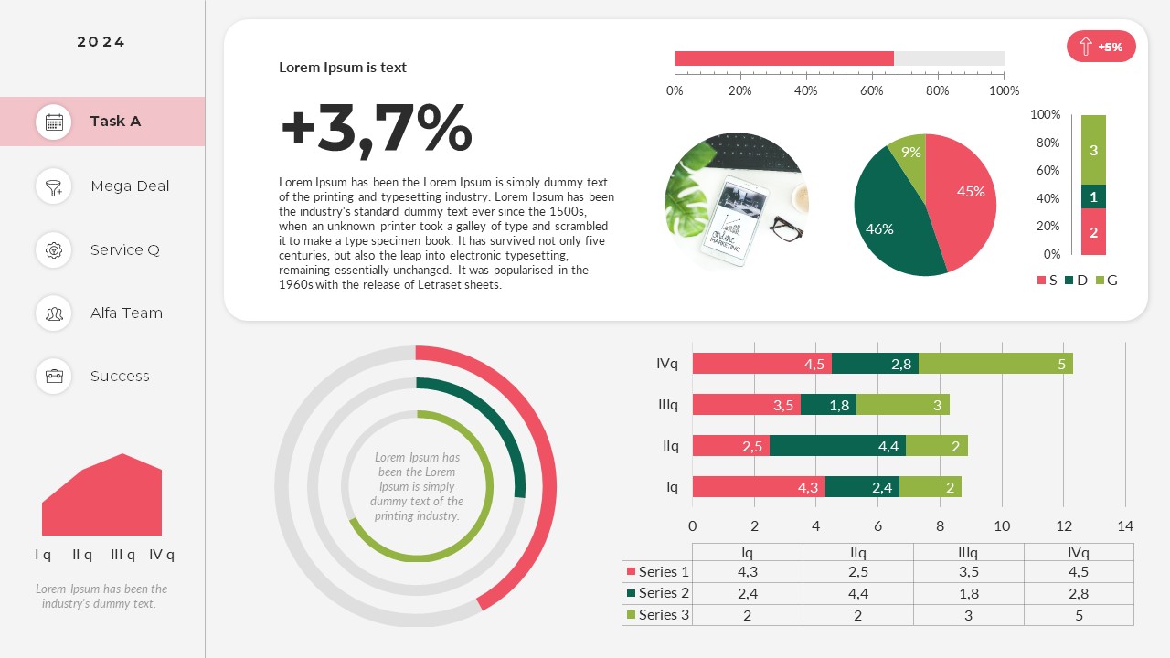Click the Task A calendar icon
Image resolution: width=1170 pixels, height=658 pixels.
point(54,122)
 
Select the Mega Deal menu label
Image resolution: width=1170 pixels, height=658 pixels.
point(130,186)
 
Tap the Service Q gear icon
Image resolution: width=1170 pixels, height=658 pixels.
point(54,249)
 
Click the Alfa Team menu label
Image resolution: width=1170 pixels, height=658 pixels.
point(126,313)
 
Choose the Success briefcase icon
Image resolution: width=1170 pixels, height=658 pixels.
point(54,376)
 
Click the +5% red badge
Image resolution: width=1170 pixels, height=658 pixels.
point(1101,47)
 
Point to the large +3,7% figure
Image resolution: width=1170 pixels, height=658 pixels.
point(376,128)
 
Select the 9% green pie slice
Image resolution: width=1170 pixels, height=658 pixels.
point(909,154)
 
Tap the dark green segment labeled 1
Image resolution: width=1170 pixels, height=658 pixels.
point(1093,196)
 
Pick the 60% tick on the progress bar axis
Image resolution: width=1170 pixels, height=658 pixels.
point(871,90)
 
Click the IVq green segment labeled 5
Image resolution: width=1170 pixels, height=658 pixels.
point(995,364)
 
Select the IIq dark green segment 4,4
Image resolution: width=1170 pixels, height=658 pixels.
point(836,446)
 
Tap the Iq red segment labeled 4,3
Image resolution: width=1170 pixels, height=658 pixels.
point(759,487)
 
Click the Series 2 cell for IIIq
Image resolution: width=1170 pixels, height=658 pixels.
point(968,593)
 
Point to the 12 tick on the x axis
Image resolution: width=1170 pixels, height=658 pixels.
point(1063,525)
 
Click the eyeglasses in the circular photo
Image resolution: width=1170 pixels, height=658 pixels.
point(785,228)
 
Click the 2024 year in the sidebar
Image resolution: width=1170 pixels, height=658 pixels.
point(101,42)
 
